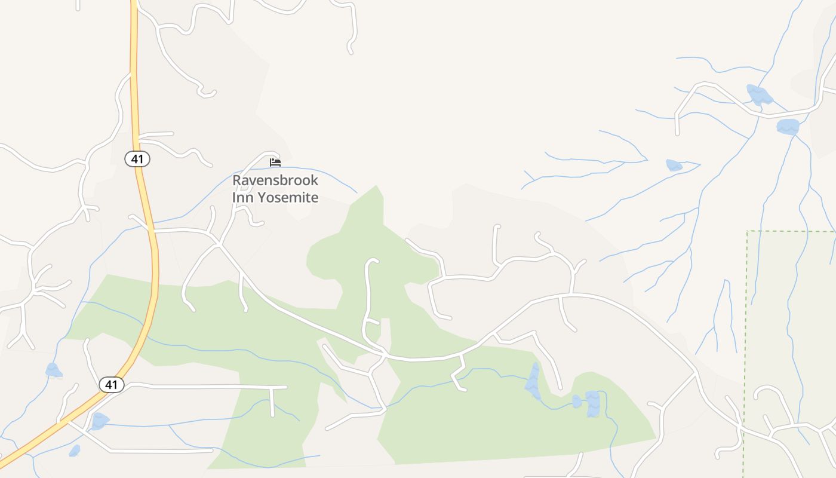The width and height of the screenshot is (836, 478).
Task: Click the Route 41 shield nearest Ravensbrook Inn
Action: point(137,159)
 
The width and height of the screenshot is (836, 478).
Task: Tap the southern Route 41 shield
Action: point(111,385)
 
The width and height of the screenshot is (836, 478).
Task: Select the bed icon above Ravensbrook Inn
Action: point(275,162)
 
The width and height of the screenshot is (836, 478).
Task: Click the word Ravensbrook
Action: point(275,180)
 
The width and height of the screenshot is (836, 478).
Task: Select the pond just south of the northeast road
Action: point(788,127)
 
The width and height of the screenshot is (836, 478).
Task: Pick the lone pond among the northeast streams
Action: point(674,165)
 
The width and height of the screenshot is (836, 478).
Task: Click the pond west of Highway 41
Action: point(54,371)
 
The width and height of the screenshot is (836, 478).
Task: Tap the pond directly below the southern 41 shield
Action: point(99,421)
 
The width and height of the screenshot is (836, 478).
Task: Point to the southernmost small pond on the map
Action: point(75,451)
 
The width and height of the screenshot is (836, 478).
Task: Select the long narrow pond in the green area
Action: point(533,381)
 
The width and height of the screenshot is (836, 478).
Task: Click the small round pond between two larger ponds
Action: point(576,401)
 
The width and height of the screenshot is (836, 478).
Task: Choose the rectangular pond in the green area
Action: point(592,404)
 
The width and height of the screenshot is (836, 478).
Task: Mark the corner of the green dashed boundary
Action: point(748,231)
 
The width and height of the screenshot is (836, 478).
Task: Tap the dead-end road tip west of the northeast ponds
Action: point(678,133)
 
